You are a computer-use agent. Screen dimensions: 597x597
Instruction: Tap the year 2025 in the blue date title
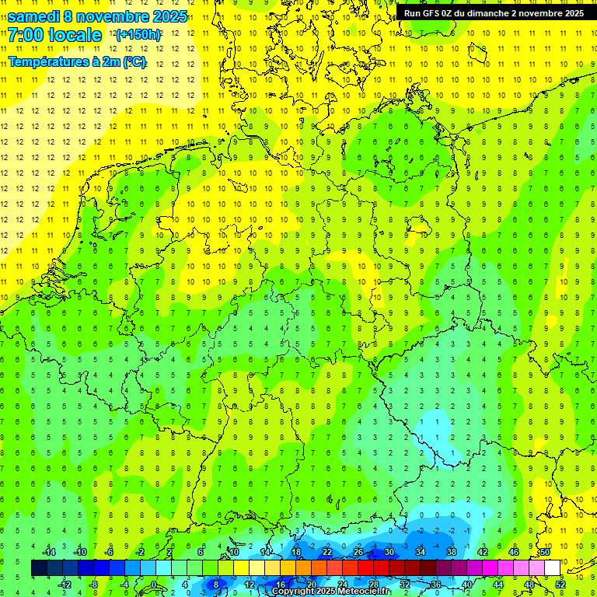click(166, 16)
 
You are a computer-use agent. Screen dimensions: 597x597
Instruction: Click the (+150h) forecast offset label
click(138, 35)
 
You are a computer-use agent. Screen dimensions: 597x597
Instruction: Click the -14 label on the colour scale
click(49, 552)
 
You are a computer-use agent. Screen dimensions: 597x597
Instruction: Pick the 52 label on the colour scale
click(560, 584)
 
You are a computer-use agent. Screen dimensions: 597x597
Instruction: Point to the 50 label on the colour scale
click(545, 552)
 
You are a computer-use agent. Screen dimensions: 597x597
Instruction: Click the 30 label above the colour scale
click(389, 552)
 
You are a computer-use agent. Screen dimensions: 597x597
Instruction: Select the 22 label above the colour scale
click(327, 552)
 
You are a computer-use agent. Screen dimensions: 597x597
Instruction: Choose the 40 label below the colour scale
click(467, 584)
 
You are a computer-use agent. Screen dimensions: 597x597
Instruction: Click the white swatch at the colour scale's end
click(552, 568)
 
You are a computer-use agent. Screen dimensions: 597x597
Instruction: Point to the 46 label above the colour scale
click(514, 552)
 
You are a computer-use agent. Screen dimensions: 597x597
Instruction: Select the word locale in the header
click(79, 35)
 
